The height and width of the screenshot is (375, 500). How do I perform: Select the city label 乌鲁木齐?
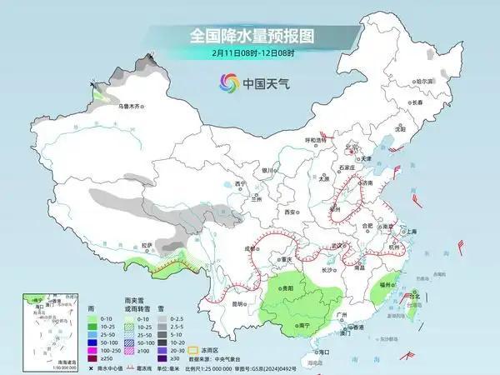(132, 107)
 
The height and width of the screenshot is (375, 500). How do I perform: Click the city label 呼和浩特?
(315, 141)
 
